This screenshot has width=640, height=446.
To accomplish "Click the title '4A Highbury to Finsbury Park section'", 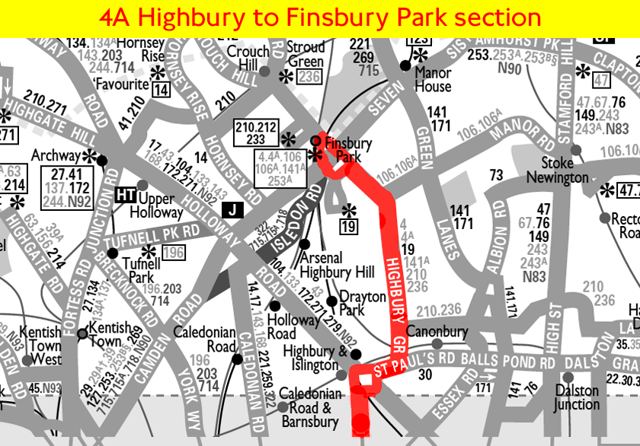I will [320, 18].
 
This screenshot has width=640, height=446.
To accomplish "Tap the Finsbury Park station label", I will [348, 149].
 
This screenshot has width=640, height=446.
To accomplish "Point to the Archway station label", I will [56, 155].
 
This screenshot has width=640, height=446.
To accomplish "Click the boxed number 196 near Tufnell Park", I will [173, 252].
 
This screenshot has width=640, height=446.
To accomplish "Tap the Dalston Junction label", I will [577, 397].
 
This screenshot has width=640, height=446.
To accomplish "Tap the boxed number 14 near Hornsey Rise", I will [161, 90].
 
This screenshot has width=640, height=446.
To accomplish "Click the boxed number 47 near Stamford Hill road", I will [602, 81].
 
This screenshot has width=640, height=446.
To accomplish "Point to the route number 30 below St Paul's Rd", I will [425, 374].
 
